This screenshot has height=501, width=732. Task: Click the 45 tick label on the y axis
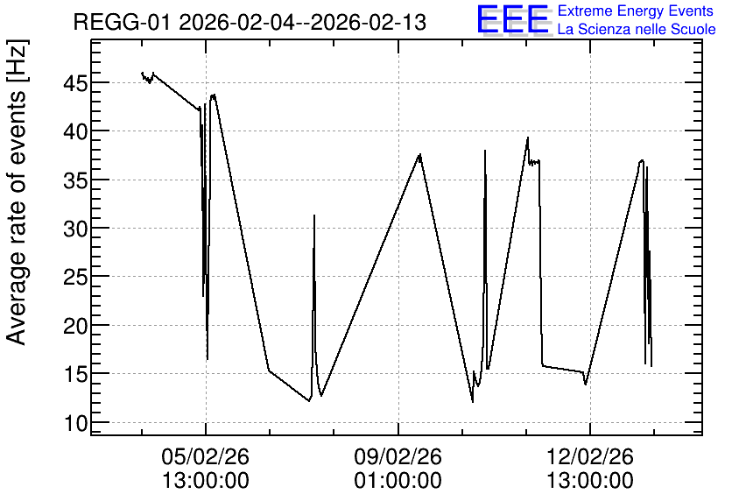[x=75, y=84]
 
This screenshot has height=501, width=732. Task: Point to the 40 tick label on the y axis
[x=75, y=132]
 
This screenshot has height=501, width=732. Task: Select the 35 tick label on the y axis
[x=75, y=180]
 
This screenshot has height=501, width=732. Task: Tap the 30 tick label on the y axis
[x=75, y=229]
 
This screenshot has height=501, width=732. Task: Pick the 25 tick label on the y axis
[x=75, y=278]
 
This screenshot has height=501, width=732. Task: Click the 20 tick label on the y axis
[x=75, y=326]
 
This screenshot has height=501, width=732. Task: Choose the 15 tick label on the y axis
[x=75, y=375]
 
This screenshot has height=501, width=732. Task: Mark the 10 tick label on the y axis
[x=75, y=423]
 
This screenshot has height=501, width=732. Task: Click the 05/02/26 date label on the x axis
[x=206, y=456]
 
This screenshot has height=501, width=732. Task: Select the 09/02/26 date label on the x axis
[x=398, y=456]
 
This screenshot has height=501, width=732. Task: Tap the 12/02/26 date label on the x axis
[x=590, y=456]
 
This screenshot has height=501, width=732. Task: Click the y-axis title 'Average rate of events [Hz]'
[x=17, y=193]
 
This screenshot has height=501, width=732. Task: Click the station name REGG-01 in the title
[x=123, y=22]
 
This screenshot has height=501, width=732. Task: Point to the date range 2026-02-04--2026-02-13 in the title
[x=302, y=22]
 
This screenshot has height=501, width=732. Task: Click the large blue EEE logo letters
[x=513, y=19]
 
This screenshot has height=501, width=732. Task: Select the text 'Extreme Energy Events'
[x=636, y=11]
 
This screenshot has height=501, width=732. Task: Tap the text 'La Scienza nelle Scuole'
[x=637, y=29]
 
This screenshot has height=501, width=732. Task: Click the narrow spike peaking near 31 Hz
[x=314, y=215]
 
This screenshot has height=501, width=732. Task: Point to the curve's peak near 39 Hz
[x=528, y=138]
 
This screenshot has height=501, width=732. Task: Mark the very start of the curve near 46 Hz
[x=142, y=73]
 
